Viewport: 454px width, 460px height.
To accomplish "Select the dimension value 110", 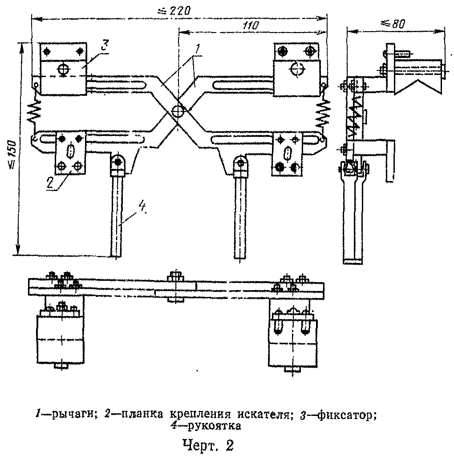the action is tap(251, 26).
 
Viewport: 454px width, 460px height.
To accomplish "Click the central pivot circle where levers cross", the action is tap(178, 112).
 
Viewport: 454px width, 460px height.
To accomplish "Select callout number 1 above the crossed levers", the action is tap(198, 48).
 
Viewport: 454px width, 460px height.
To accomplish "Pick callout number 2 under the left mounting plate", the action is tap(50, 183).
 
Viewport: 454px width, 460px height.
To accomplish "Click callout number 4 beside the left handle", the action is tap(142, 207).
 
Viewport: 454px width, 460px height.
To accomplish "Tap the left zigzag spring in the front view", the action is tap(35, 111).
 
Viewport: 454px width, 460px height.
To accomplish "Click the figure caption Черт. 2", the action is tap(208, 445).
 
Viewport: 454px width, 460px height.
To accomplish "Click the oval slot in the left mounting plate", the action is tap(70, 152).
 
